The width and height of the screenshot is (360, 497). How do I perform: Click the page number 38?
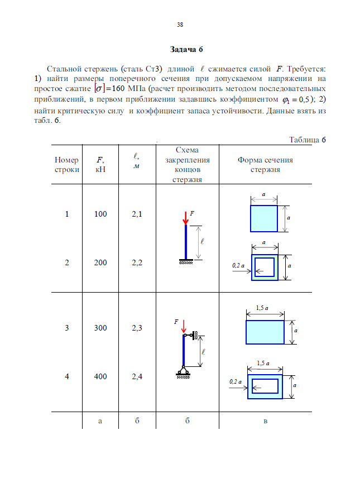[x=180, y=25]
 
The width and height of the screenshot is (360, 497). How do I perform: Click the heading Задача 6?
[x=180, y=50]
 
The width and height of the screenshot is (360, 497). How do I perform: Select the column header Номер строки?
[x=66, y=165]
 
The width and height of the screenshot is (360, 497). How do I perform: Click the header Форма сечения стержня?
[x=265, y=165]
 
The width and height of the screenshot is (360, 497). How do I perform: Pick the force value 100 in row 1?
[x=100, y=214]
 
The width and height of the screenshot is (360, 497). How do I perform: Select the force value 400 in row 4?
[x=100, y=376]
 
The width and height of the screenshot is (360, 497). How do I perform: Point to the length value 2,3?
[x=137, y=328]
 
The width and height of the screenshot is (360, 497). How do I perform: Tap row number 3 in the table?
[x=67, y=328]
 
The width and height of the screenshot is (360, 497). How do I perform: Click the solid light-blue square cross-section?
[x=263, y=218]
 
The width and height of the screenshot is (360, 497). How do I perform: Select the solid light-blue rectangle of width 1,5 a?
[x=265, y=332]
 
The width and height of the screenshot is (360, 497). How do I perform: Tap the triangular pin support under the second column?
[x=183, y=369]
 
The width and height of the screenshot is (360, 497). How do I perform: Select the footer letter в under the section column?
[x=265, y=421]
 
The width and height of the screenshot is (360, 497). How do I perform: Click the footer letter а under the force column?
[x=100, y=421]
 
